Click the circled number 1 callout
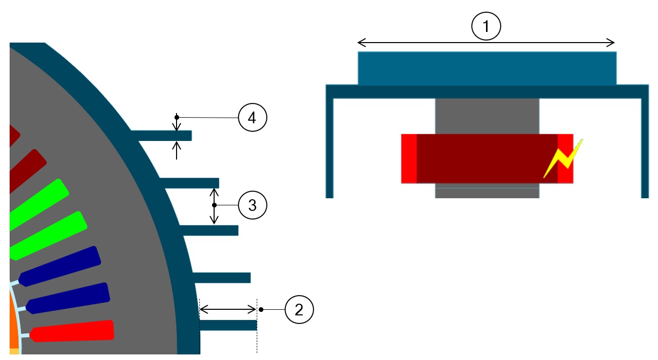pyautogui.click(x=486, y=27)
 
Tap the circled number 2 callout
pyautogui.click(x=299, y=309)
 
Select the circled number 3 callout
pyautogui.click(x=252, y=205)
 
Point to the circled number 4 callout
pyautogui.click(x=252, y=118)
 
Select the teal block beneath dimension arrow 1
pyautogui.click(x=487, y=68)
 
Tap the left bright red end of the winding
pyautogui.click(x=409, y=158)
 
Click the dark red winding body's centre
pyautogui.click(x=487, y=158)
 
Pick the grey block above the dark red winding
pyautogui.click(x=487, y=116)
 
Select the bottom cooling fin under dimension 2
pyautogui.click(x=228, y=325)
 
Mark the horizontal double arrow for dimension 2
pyautogui.click(x=228, y=309)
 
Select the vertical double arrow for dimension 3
pyautogui.click(x=214, y=206)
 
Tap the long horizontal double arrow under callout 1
pyautogui.click(x=486, y=43)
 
